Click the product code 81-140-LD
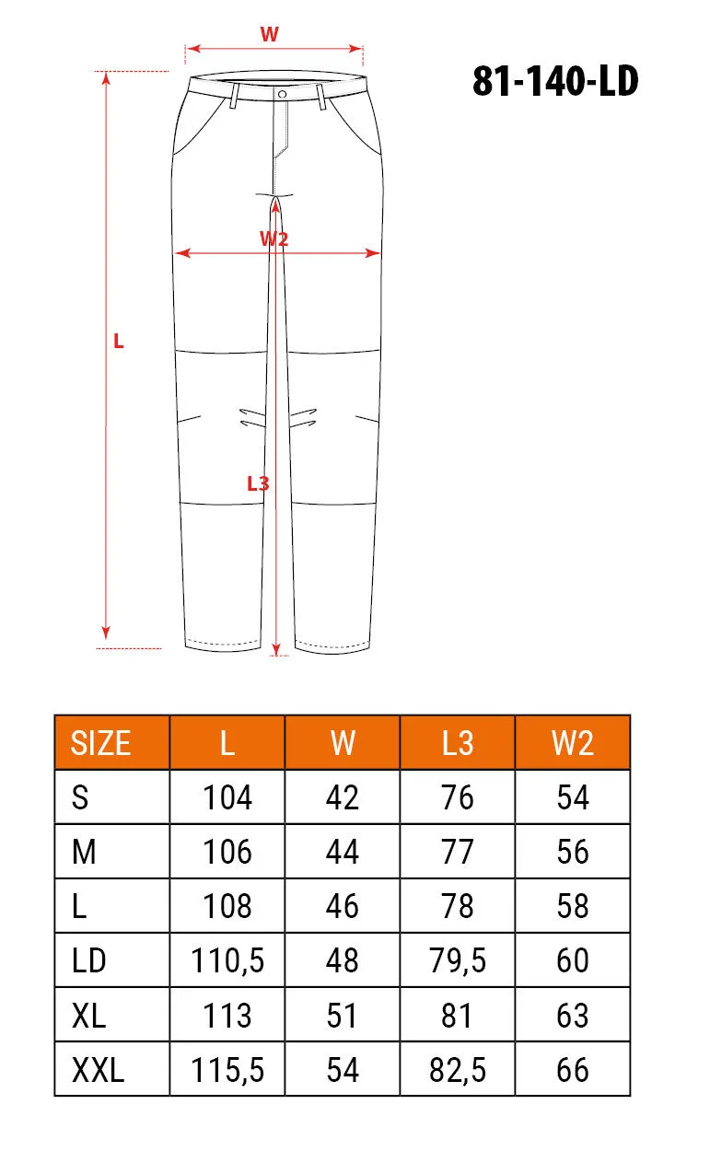[x=555, y=82]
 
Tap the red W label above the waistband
[x=269, y=35]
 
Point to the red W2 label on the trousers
[x=274, y=238]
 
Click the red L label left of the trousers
[x=118, y=341]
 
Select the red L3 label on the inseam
[x=258, y=482]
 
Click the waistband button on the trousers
[x=281, y=93]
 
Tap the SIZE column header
[x=101, y=743]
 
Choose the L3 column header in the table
[x=457, y=743]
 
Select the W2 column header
[x=572, y=743]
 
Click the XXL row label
[x=98, y=1070]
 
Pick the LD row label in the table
[x=89, y=961]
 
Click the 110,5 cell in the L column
[x=227, y=961]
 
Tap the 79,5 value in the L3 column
[x=457, y=961]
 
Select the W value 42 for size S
[x=342, y=797]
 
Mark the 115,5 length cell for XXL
[x=227, y=1070]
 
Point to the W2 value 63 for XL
[x=572, y=1016]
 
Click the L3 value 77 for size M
[x=457, y=852]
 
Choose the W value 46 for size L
[x=342, y=906]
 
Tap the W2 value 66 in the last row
[x=572, y=1070]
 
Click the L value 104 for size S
[x=227, y=797]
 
